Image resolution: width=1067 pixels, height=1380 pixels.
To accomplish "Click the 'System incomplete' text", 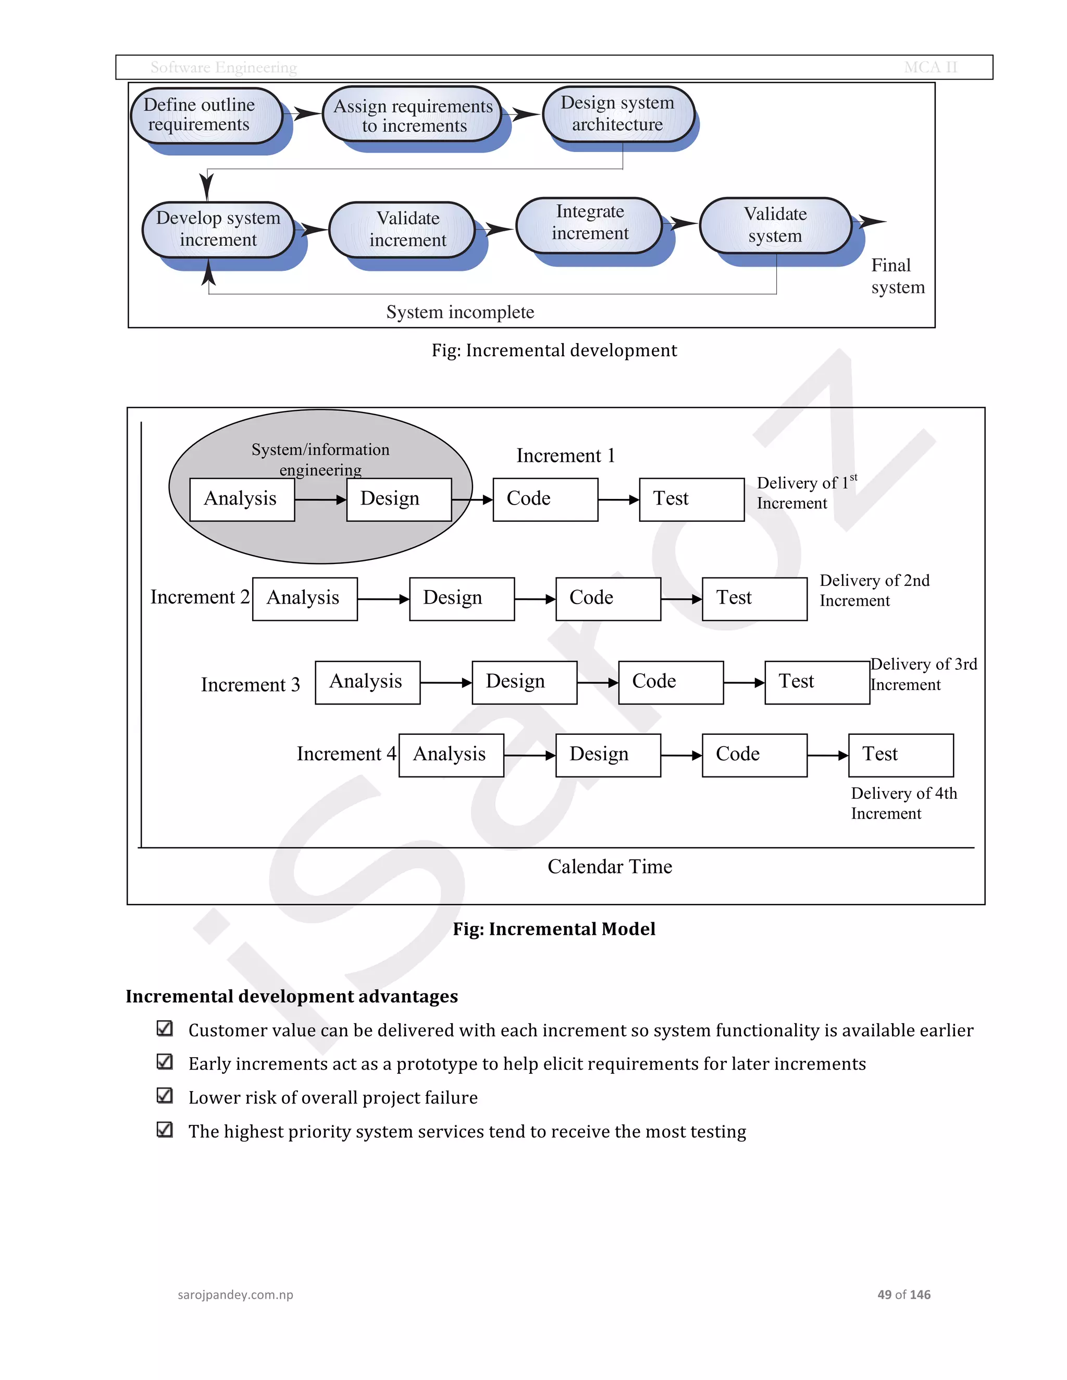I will point(460,312).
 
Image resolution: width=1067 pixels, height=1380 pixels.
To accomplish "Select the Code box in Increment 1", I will point(545,499).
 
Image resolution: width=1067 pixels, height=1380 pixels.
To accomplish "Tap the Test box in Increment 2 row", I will point(754,598).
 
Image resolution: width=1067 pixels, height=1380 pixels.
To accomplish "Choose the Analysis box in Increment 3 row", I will point(367,682).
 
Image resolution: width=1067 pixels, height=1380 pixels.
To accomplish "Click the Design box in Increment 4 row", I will point(607,755).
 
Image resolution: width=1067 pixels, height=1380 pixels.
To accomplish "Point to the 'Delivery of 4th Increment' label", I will point(903,803).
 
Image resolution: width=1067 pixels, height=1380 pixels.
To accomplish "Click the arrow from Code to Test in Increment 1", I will point(618,500).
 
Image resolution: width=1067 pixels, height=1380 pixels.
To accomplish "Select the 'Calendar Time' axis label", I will point(610,867).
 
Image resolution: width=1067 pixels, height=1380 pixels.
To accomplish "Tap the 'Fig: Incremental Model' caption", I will point(554,929).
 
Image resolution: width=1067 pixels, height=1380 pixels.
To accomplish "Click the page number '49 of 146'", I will point(903,1295).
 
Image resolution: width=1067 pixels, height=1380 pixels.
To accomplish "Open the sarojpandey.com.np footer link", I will point(235,1295).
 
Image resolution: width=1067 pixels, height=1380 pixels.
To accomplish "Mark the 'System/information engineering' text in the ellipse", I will point(320,459).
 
